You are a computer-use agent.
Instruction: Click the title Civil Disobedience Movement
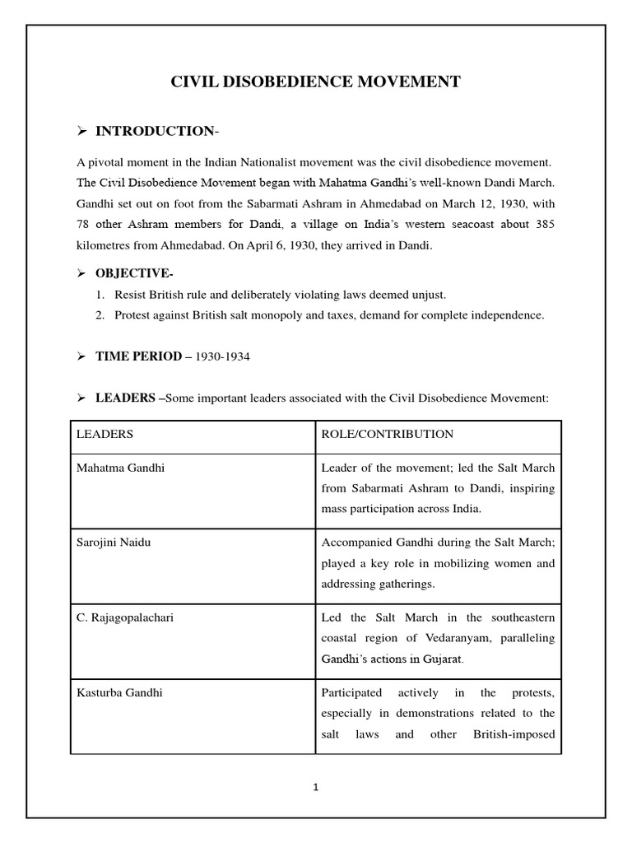point(315,82)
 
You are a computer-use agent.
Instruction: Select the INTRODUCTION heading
point(155,132)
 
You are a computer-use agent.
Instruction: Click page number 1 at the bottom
point(315,787)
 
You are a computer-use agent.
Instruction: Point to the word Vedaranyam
point(463,638)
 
